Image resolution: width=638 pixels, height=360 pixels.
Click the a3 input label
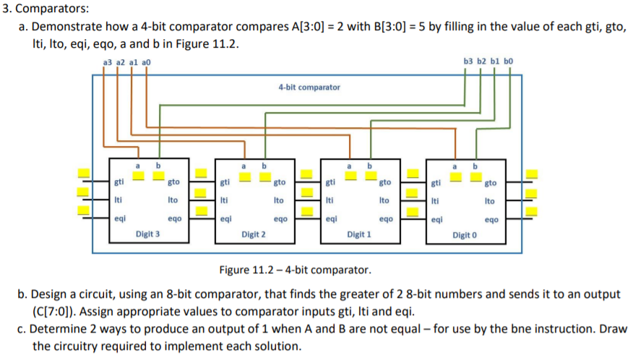pos(108,62)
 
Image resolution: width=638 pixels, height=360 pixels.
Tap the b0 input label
pos(508,61)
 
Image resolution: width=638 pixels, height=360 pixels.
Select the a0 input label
pos(146,62)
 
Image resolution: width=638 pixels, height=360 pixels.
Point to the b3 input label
pos(468,61)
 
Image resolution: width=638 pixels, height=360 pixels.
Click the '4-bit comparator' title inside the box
pos(309,87)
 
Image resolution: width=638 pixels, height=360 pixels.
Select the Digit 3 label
pos(147,234)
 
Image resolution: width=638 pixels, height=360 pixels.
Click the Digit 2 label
pos(254,234)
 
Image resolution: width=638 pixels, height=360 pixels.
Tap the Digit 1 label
pos(359,234)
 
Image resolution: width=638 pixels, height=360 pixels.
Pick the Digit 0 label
pos(465,236)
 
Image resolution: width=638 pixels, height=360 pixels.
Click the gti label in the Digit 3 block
pos(118,182)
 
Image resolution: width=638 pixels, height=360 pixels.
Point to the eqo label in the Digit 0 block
pos(491,220)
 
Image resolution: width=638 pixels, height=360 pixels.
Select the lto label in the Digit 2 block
pos(279,200)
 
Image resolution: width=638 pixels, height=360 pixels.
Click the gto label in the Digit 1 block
pos(385,182)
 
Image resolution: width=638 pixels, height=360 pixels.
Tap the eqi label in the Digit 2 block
pos(226,219)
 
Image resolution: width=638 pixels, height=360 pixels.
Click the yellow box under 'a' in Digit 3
pos(138,176)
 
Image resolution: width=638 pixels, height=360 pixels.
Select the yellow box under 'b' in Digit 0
pos(476,177)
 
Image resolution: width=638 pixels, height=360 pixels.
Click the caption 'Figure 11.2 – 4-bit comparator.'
pos(296,270)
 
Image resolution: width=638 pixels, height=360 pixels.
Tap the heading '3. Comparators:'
pos(46,8)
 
